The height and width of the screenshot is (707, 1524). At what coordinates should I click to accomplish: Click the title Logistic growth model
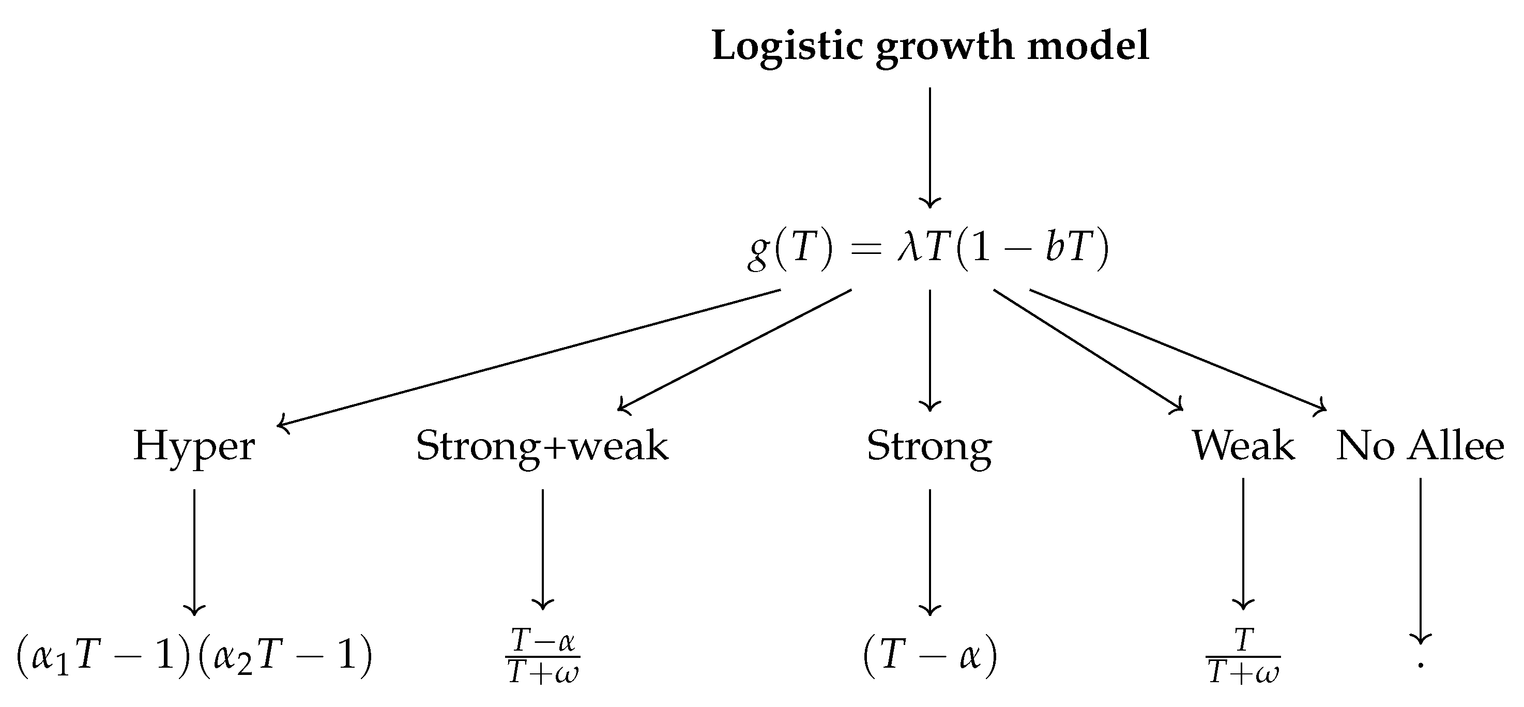pos(930,46)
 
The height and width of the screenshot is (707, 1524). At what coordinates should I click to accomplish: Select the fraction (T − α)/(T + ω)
pos(542,656)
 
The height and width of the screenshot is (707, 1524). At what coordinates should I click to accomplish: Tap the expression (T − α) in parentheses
pos(930,656)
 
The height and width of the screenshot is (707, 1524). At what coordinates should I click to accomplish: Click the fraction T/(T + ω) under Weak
pos(1243,656)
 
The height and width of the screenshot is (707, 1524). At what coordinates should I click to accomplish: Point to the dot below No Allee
pos(1421,666)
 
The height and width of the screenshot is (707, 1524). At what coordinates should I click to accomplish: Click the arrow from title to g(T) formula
pos(930,148)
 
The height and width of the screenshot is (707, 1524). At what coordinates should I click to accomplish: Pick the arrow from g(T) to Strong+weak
pos(735,350)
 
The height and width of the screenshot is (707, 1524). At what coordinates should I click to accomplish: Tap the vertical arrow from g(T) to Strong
pos(930,350)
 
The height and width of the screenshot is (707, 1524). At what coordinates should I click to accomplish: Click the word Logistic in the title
pos(787,46)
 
